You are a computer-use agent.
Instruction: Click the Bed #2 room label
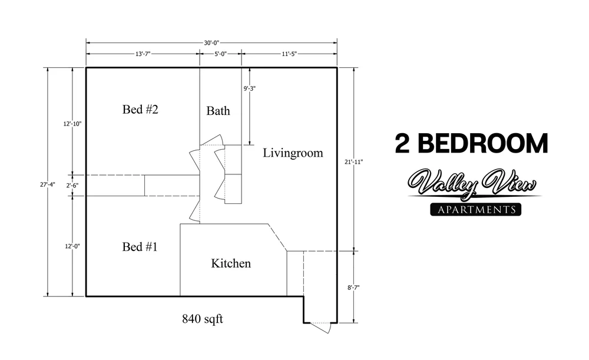141,110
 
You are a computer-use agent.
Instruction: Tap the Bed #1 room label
140,247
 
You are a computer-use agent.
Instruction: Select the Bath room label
218,111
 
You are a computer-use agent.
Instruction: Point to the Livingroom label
293,153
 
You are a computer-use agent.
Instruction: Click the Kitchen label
231,263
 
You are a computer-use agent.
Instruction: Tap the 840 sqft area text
202,320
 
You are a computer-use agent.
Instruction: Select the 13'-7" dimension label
142,54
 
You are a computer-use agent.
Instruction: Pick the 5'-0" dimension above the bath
219,54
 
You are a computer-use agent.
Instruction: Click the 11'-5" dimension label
289,54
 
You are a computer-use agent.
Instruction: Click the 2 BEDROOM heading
471,143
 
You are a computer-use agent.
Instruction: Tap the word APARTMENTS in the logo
476,210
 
